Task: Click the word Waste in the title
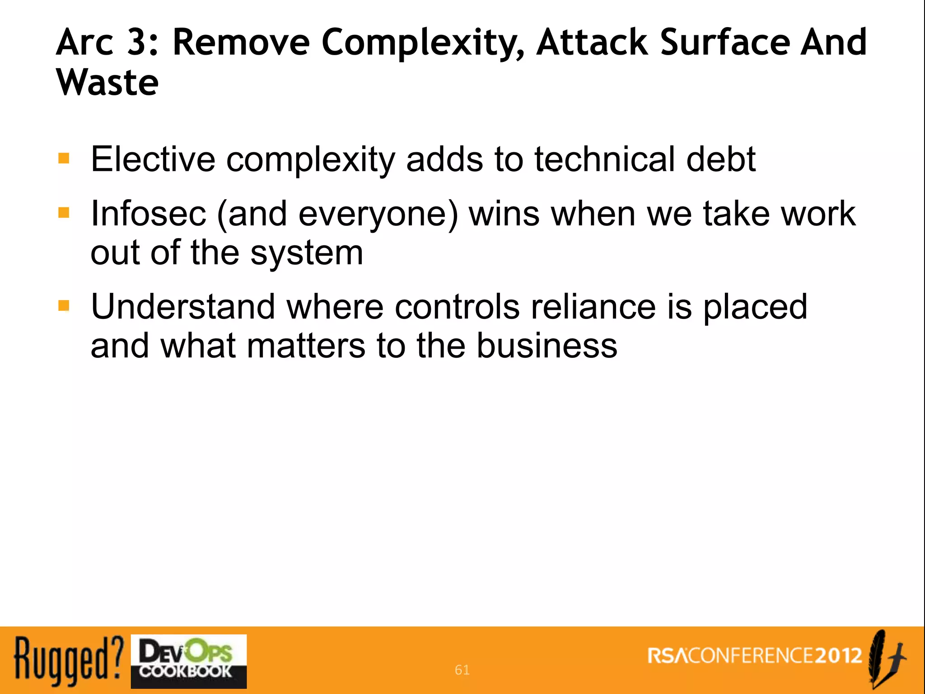(x=107, y=82)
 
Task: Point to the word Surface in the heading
(x=724, y=42)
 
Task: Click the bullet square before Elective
(x=64, y=158)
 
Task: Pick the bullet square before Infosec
(x=64, y=212)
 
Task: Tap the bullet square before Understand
(x=64, y=306)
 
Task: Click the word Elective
(x=153, y=159)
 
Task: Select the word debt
(x=721, y=159)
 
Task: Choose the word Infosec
(x=148, y=213)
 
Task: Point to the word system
(x=307, y=253)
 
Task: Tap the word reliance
(x=593, y=307)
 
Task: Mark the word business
(x=547, y=346)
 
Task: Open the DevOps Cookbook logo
(x=189, y=661)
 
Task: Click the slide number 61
(x=462, y=670)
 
